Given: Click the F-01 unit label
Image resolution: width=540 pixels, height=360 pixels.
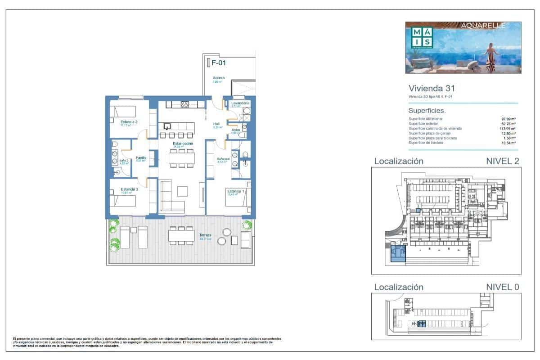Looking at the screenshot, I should (x=218, y=63).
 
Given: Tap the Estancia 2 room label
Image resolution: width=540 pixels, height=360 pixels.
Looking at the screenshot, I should (x=129, y=122).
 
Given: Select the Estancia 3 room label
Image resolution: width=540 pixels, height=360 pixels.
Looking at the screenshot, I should (x=129, y=189).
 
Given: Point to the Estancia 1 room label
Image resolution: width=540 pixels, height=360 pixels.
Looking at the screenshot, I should (x=236, y=191).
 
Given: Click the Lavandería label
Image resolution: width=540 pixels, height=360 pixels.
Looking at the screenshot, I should (x=240, y=103).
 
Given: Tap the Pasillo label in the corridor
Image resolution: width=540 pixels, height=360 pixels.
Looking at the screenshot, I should (x=141, y=157).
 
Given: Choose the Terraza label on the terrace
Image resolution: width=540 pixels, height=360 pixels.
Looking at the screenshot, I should (x=205, y=235).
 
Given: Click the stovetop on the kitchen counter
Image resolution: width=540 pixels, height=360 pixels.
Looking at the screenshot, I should (x=184, y=104).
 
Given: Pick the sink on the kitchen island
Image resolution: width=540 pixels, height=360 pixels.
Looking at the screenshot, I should (x=167, y=126).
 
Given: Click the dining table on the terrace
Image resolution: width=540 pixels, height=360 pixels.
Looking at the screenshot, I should (x=180, y=235).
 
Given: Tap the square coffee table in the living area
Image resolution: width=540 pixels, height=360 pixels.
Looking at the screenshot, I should (x=183, y=191).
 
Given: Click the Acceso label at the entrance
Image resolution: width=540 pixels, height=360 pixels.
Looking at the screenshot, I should (x=219, y=78).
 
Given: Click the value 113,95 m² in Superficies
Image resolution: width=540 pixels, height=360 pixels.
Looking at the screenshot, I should (x=508, y=129).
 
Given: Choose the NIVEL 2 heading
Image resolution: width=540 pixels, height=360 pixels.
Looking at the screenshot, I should (x=503, y=161).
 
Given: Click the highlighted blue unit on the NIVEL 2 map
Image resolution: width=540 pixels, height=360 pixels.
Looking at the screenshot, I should (x=397, y=253).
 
